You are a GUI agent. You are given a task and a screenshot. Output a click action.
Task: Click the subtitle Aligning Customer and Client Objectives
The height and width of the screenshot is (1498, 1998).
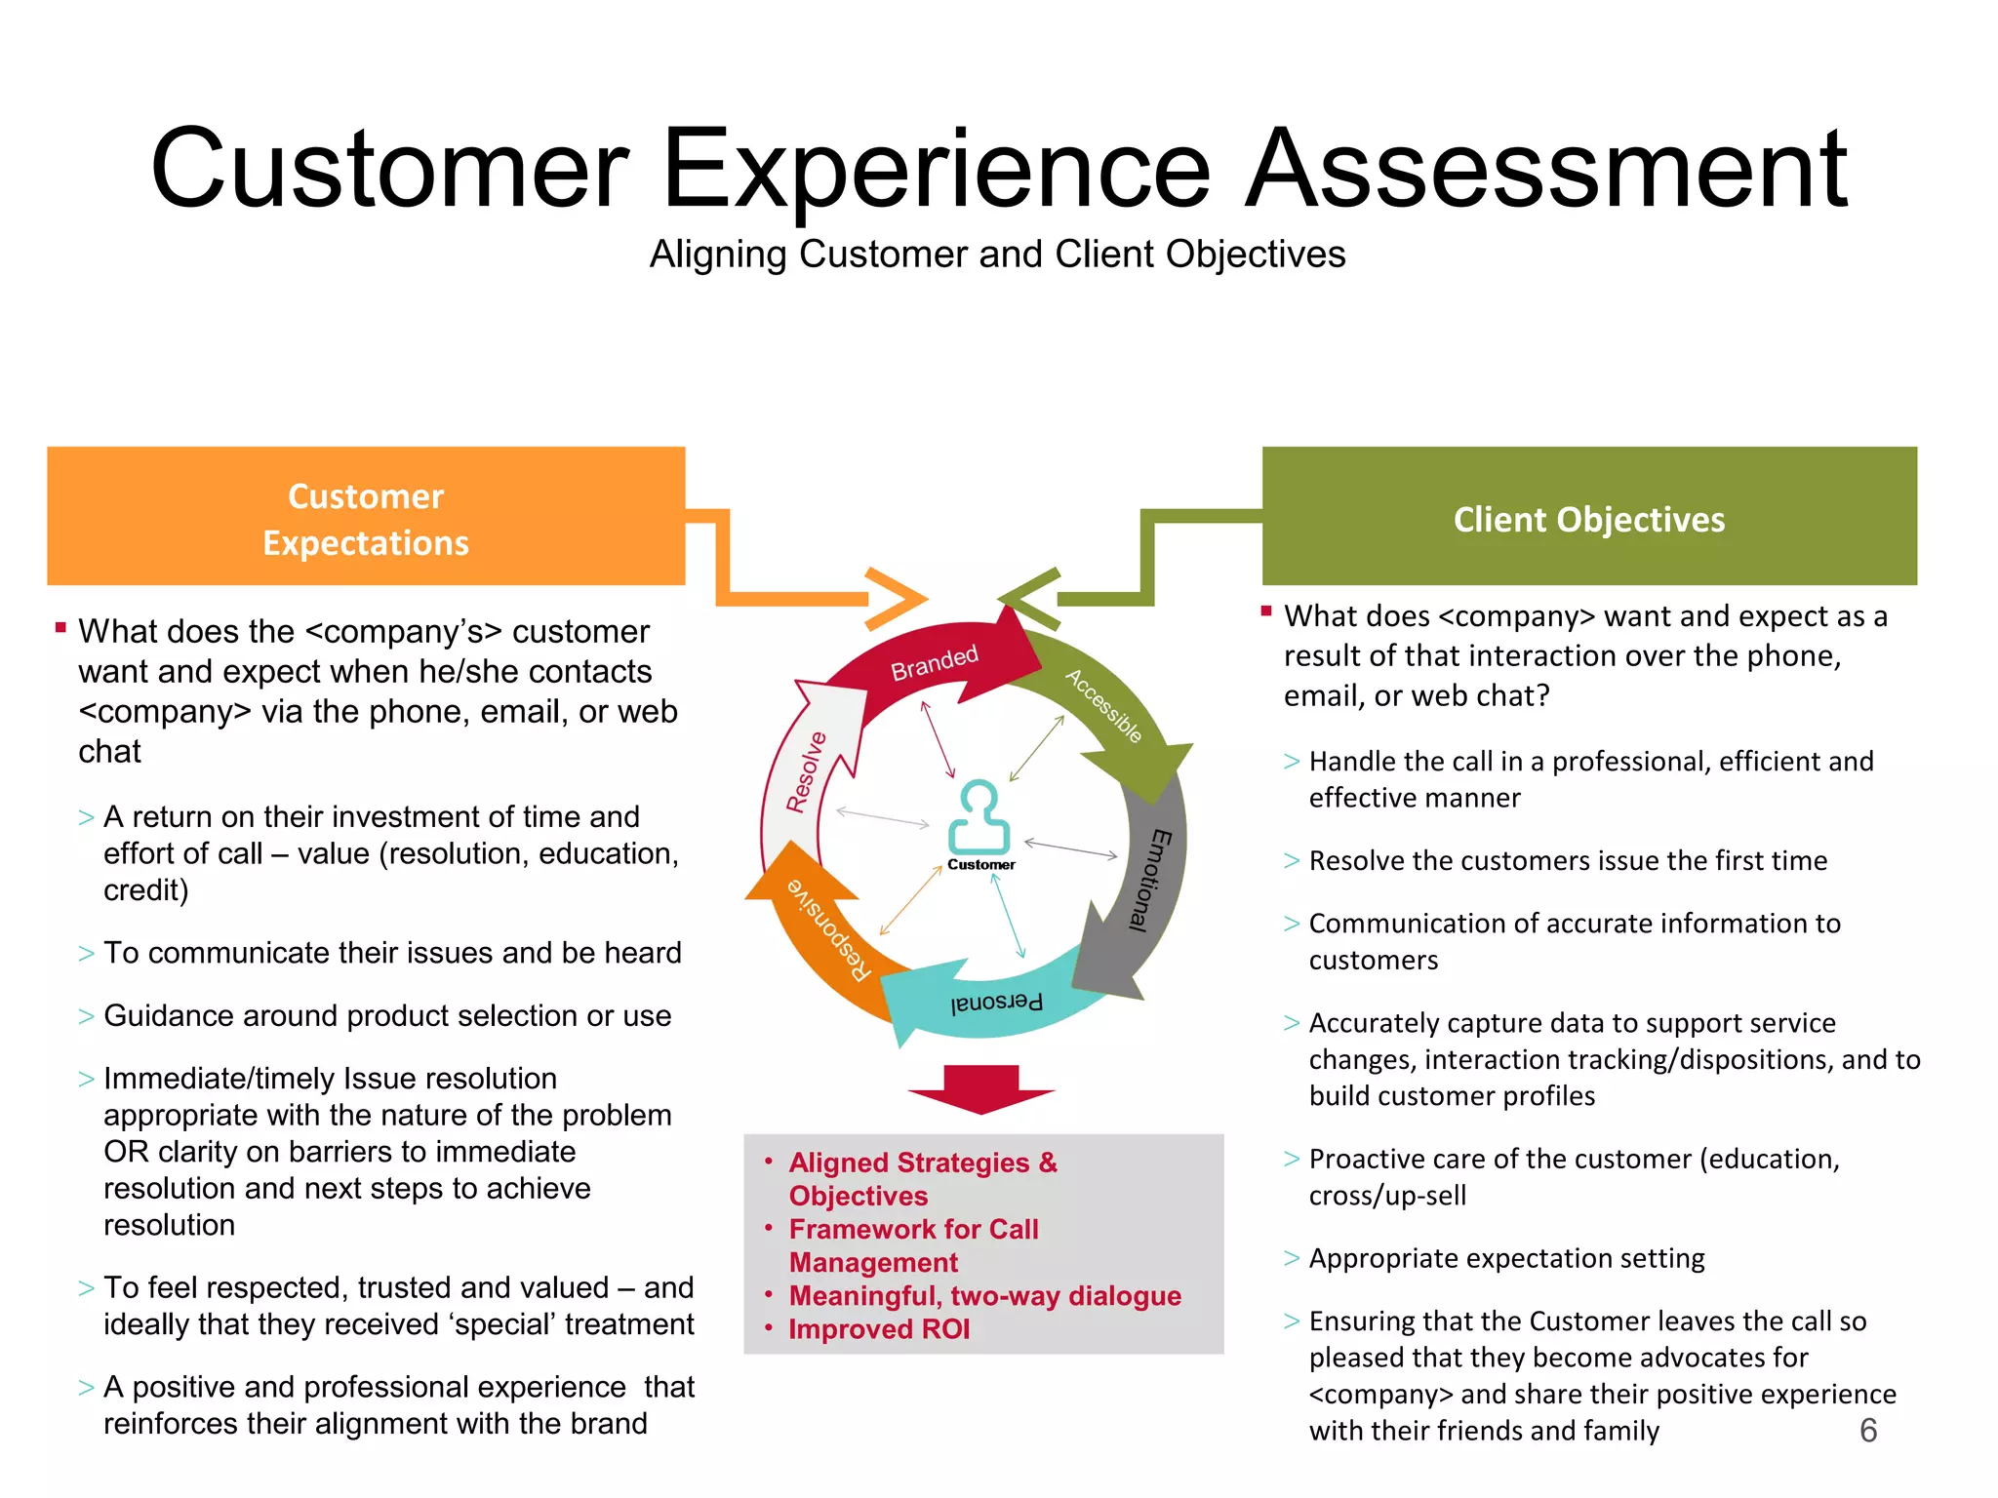click(x=997, y=255)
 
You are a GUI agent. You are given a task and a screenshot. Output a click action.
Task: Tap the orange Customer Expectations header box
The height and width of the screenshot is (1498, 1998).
click(x=366, y=517)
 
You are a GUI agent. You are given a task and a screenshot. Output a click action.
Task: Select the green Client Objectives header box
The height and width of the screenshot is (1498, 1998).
click(x=1588, y=517)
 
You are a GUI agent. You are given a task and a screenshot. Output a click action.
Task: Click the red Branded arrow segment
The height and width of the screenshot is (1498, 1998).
click(x=935, y=662)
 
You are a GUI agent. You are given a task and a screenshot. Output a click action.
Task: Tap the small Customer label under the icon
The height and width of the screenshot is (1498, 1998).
click(x=980, y=865)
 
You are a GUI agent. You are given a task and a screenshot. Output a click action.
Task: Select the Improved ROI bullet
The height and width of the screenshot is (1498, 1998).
click(x=878, y=1329)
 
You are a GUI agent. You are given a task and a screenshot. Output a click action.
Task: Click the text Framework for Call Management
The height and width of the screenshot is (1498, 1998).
click(x=912, y=1245)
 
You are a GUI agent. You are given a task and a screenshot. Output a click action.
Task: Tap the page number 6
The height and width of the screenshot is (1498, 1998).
click(x=1868, y=1431)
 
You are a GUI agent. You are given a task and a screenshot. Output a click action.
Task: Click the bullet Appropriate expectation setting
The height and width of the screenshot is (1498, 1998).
click(x=1506, y=1258)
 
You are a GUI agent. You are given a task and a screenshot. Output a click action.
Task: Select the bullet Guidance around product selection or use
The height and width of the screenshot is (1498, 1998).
click(x=386, y=1016)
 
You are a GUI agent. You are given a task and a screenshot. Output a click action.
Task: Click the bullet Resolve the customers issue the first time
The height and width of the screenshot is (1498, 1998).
click(x=1567, y=861)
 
